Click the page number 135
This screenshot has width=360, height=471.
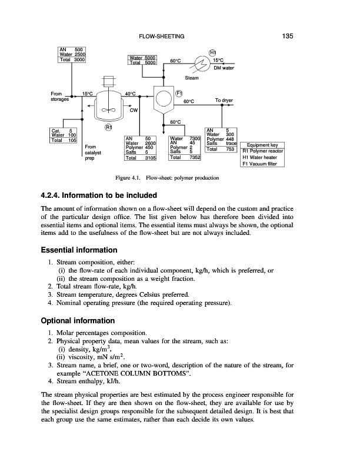pyautogui.click(x=288, y=37)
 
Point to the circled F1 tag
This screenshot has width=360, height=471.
pyautogui.click(x=180, y=93)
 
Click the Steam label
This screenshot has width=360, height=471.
pyautogui.click(x=192, y=78)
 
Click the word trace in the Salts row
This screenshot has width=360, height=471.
pyautogui.click(x=231, y=143)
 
